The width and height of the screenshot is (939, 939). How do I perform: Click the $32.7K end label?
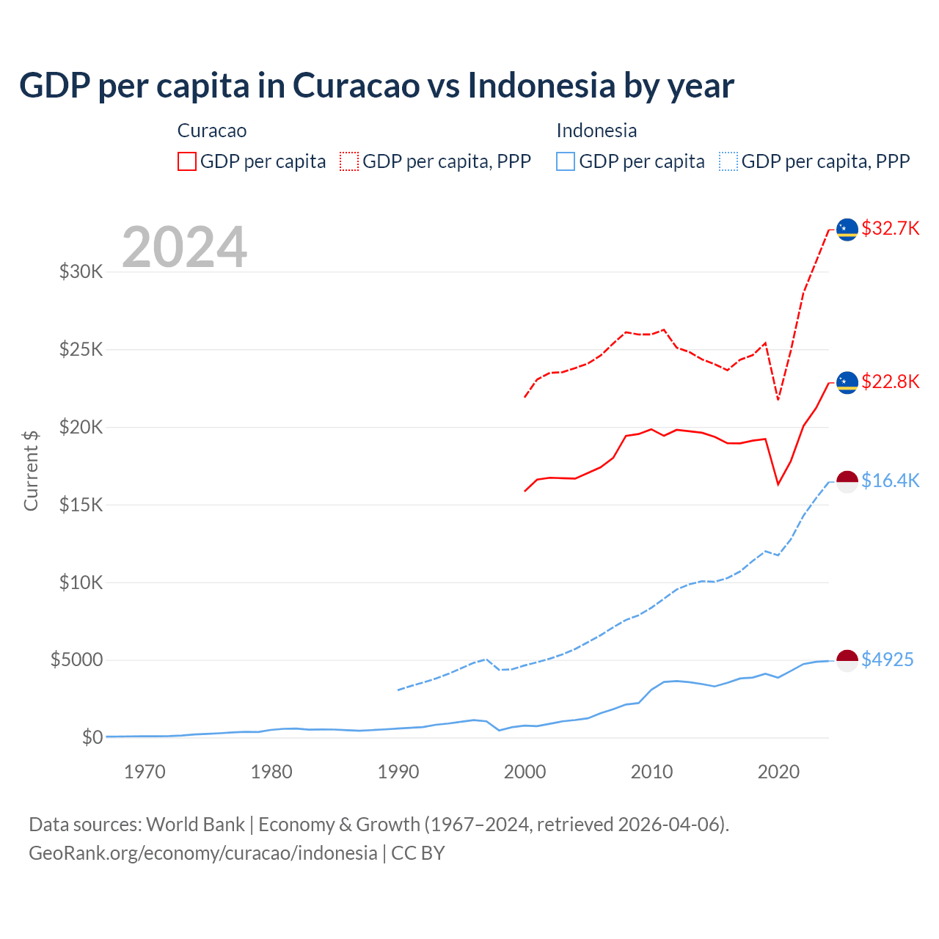coord(890,228)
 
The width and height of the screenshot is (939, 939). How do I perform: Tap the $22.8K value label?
coord(890,381)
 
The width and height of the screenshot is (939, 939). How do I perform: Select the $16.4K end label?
coord(890,481)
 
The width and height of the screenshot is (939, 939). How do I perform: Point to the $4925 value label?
coord(887,660)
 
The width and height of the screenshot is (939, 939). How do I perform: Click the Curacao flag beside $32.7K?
coord(847,229)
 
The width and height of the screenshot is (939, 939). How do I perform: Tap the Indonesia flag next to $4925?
coord(847,660)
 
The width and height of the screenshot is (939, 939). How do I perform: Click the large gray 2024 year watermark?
coord(184,247)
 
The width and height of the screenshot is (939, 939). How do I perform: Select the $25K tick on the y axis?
coord(81,349)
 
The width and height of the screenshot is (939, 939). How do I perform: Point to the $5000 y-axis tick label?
coord(76,660)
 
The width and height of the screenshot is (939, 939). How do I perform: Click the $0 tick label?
coord(92,737)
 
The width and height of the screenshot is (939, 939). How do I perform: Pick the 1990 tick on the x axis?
coord(398,772)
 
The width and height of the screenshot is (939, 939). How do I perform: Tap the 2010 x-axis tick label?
coord(651,772)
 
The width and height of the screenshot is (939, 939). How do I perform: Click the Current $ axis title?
coord(31,471)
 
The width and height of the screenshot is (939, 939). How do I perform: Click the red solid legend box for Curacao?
coord(187,161)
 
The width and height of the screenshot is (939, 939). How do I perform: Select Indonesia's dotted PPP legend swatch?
coord(728,161)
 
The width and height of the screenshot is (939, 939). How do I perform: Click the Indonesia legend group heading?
coord(596,131)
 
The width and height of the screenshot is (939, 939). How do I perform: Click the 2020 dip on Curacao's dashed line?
coord(778,399)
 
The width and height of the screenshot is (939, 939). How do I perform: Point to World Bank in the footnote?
coord(195,825)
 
